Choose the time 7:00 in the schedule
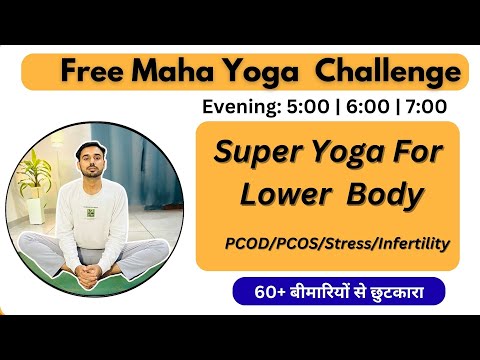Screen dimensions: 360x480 [425, 105]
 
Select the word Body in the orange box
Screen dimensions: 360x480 [383, 195]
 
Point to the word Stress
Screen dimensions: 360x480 [344, 243]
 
